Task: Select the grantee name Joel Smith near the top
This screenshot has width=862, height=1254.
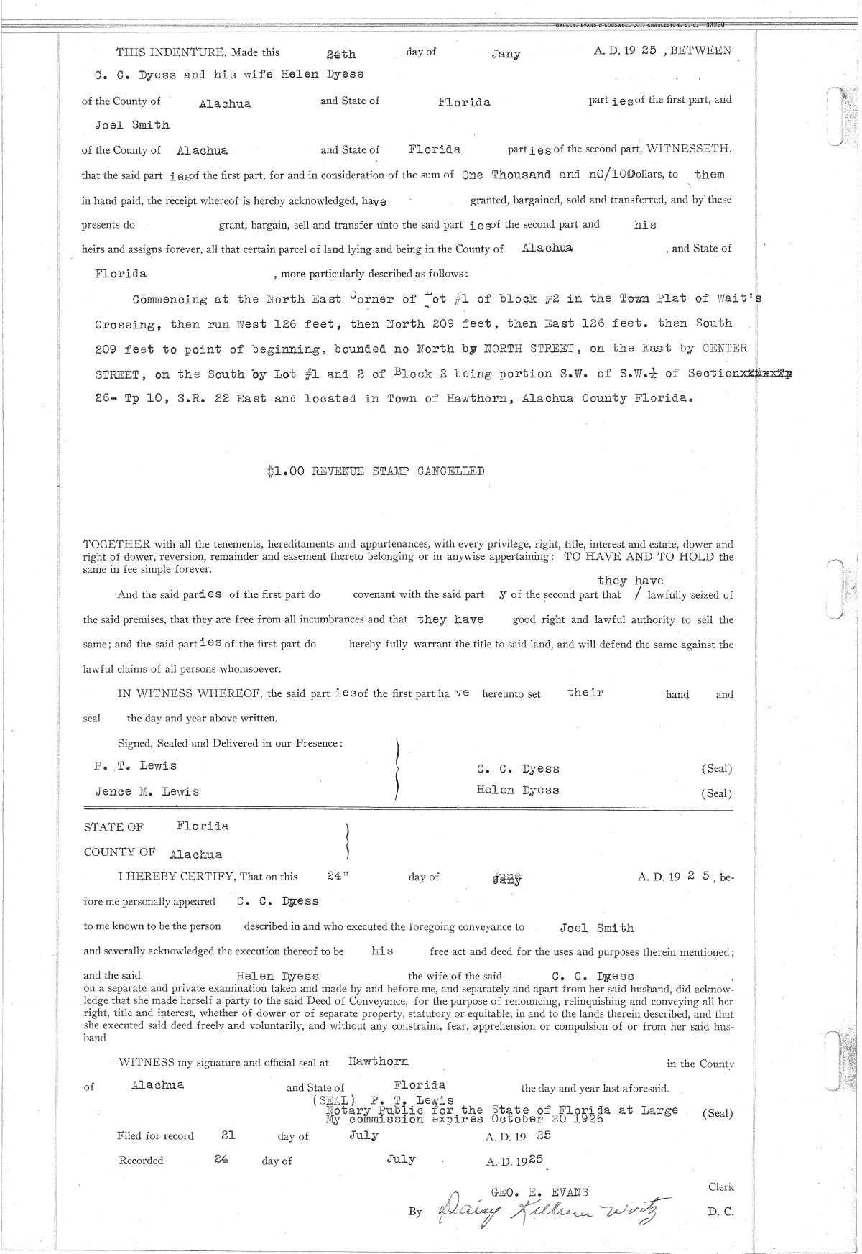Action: [x=132, y=125]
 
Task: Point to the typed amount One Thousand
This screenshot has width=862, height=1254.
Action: [x=506, y=175]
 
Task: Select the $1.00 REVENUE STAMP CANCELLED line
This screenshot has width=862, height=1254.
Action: [x=374, y=471]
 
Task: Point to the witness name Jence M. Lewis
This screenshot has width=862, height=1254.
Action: [x=147, y=791]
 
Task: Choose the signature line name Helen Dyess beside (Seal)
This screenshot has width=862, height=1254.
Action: [x=517, y=790]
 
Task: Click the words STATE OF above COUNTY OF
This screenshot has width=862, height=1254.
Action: [x=113, y=827]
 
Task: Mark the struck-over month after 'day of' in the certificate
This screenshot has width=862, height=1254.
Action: [x=507, y=877]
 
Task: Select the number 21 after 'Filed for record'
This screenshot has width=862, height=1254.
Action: [x=228, y=1135]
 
